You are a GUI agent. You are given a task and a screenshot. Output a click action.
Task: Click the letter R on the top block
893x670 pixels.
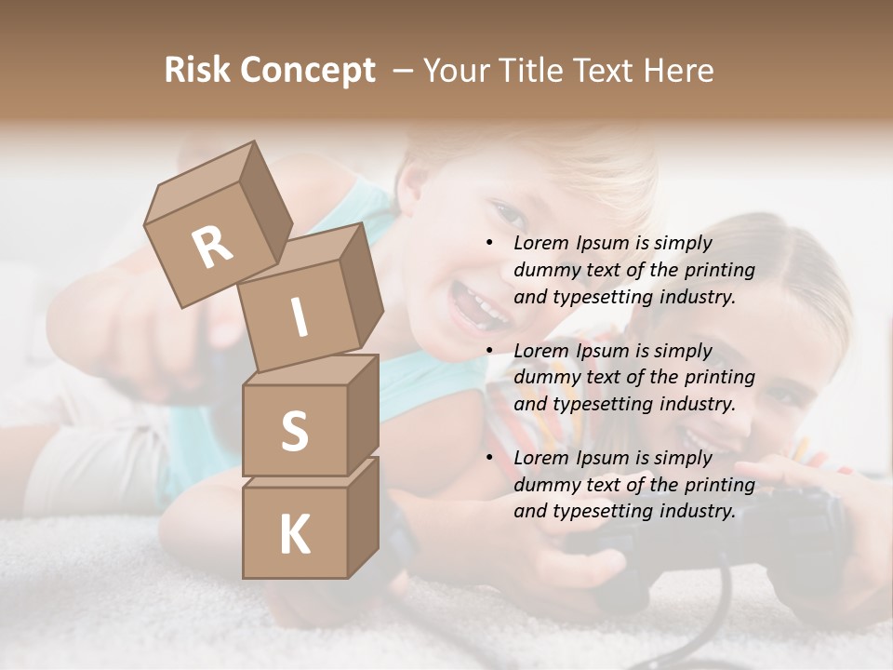(212, 248)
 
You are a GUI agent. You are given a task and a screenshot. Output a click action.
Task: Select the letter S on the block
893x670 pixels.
(294, 432)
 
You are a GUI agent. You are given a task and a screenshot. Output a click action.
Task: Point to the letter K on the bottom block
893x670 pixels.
(294, 535)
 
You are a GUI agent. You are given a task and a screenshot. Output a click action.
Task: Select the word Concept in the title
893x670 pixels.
(307, 71)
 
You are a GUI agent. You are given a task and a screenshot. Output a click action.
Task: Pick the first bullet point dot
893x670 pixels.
(490, 243)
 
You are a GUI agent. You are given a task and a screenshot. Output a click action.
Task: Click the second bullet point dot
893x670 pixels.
(490, 351)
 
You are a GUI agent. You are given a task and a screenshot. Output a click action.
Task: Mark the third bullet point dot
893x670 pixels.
(490, 458)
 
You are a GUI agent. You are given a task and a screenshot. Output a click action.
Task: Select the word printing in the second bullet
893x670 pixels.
(720, 378)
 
